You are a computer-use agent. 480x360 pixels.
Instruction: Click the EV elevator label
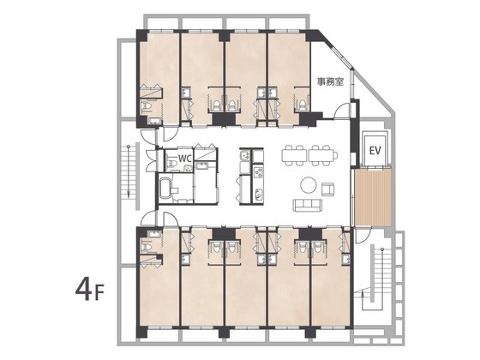click(x=375, y=150)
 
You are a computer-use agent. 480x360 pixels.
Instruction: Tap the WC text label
click(x=185, y=159)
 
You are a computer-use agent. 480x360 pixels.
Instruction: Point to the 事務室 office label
click(x=330, y=81)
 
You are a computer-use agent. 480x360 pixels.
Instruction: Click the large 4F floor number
click(x=90, y=290)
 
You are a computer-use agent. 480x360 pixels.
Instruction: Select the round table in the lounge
click(x=309, y=185)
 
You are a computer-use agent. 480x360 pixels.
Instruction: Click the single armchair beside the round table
click(x=327, y=189)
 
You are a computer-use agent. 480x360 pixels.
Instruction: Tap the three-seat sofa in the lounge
click(x=308, y=205)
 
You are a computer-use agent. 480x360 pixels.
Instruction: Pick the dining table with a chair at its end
click(x=323, y=155)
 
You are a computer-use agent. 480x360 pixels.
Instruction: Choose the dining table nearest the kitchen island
click(x=294, y=155)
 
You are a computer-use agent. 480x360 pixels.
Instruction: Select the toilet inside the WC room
click(x=171, y=161)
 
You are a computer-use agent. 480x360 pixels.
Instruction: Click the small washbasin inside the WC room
click(x=188, y=167)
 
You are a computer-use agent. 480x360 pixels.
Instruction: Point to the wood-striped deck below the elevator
click(x=373, y=197)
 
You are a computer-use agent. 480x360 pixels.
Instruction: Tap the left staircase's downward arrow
click(x=129, y=171)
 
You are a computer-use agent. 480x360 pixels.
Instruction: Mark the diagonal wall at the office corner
click(x=336, y=49)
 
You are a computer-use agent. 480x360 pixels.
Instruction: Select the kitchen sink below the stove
click(x=259, y=195)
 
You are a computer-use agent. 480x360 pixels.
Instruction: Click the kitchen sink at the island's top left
click(x=245, y=155)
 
